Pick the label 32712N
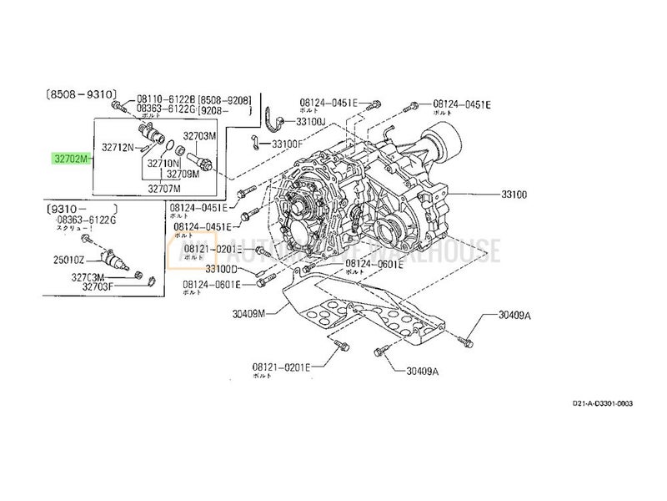pos(118,147)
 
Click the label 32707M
pos(165,188)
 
